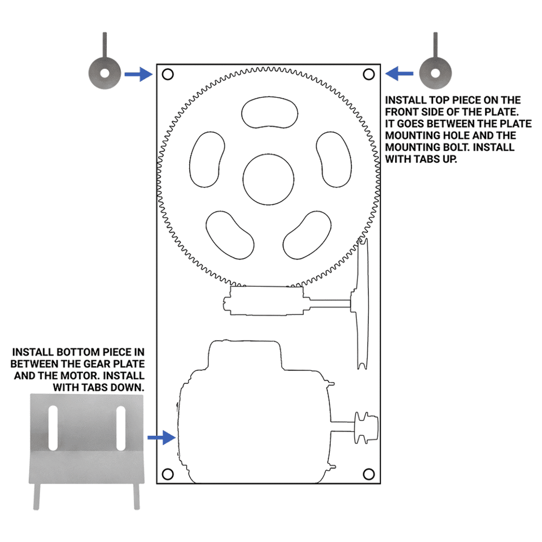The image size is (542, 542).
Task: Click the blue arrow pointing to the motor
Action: [161, 438]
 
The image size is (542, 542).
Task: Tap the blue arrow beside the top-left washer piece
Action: [139, 74]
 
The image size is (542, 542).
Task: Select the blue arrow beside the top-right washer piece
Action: [399, 73]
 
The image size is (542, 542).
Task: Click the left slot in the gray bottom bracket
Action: [53, 428]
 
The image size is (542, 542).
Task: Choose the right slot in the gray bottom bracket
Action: [121, 428]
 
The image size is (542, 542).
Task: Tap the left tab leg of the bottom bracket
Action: [37, 496]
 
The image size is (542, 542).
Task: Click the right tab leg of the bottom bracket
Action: [137, 496]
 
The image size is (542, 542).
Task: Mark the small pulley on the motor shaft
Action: [366, 427]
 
